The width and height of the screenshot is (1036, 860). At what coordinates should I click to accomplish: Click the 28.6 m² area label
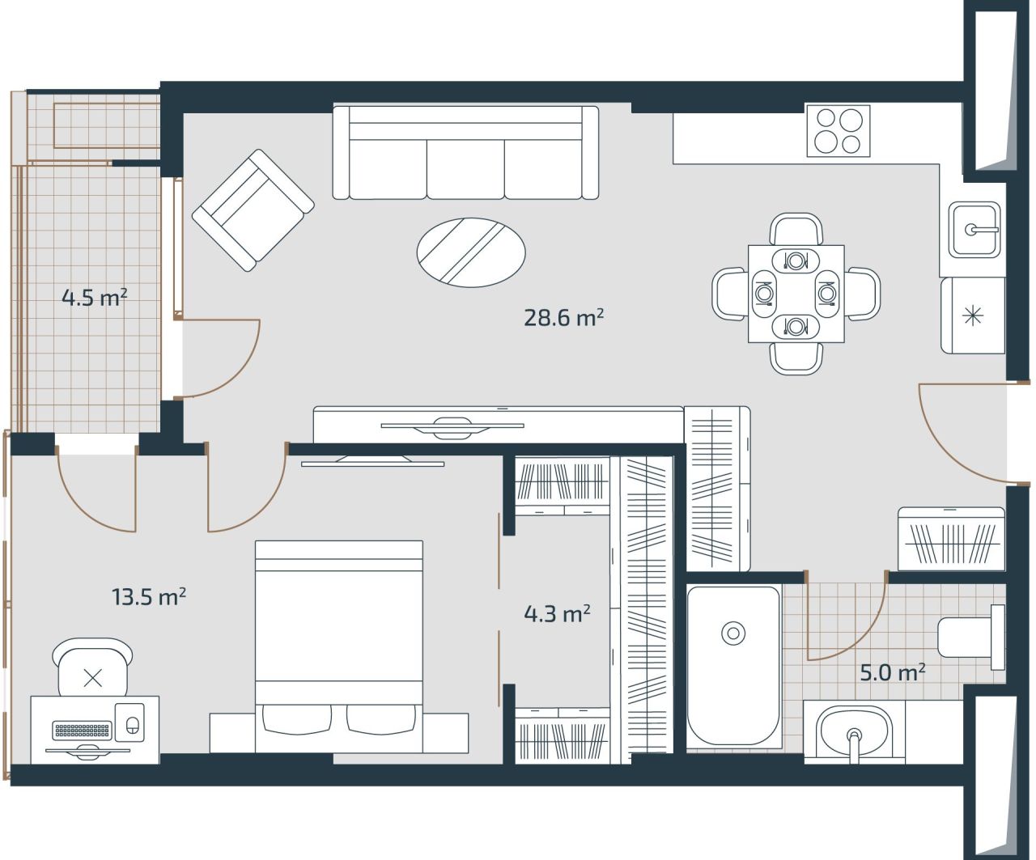coord(563,317)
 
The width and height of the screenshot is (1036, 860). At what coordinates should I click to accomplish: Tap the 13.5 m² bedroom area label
coord(149,597)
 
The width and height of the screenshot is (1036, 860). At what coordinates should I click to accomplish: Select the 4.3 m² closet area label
coord(557,614)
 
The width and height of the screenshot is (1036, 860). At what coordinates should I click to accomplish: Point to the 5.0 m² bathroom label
coord(892,672)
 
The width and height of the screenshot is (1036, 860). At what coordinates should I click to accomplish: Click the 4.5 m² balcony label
coord(95,298)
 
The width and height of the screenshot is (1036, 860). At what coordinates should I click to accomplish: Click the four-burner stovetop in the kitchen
coord(838,130)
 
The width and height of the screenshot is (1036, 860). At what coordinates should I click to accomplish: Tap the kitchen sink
coord(974,230)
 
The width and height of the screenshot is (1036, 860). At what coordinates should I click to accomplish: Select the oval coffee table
coord(471,252)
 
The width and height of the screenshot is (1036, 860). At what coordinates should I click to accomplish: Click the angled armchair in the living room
coord(253,210)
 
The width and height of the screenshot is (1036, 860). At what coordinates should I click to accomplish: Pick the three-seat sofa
coord(465,154)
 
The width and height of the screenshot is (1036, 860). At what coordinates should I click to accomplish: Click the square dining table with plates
coord(796,294)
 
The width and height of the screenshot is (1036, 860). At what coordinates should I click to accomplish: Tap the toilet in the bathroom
coord(970,637)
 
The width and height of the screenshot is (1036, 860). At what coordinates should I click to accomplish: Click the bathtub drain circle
coord(733,633)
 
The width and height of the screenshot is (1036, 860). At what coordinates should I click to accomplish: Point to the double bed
coord(339,639)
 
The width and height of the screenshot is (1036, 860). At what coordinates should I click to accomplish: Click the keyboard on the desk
coord(81,731)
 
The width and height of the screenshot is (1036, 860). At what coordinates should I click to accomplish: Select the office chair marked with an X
coord(92,669)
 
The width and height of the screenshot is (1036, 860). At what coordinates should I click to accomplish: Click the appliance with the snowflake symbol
coord(972,316)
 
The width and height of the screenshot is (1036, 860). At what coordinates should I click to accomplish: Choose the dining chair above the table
coord(796,229)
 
